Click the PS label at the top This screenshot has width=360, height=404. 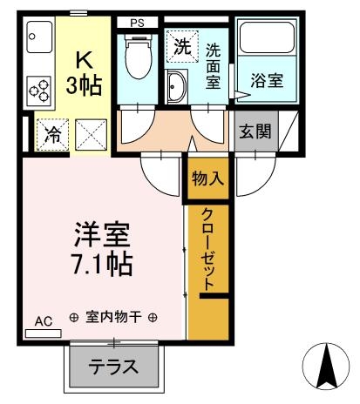(138, 23)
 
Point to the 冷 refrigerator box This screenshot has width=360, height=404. (51, 135)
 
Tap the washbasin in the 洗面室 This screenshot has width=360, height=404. (176, 88)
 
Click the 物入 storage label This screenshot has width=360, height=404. (207, 180)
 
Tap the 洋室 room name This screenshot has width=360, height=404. (100, 234)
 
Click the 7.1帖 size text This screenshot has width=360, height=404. (100, 263)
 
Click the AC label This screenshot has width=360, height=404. (44, 321)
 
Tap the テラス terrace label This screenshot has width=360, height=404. (114, 367)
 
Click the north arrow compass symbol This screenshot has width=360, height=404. (328, 365)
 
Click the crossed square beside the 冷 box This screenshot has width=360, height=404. (89, 135)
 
